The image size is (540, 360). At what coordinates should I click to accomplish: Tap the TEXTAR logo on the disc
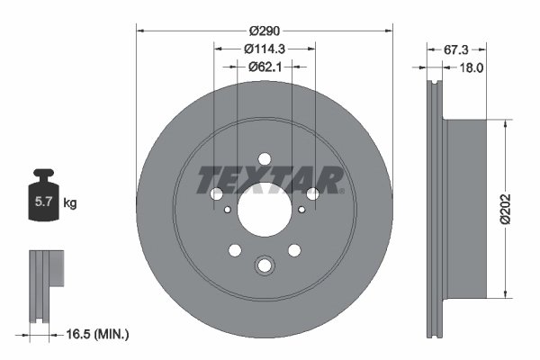270,180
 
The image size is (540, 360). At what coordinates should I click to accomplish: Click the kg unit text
70,203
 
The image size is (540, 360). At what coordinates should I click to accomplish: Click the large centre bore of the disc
265,209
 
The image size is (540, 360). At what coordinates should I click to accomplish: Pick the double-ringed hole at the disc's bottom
265,265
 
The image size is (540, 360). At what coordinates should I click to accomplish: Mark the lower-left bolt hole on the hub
234,250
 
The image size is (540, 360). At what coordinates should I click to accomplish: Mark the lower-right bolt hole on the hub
295,250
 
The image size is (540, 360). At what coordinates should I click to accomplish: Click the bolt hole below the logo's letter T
216,193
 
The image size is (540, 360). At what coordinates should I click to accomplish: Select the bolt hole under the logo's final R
313,193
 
